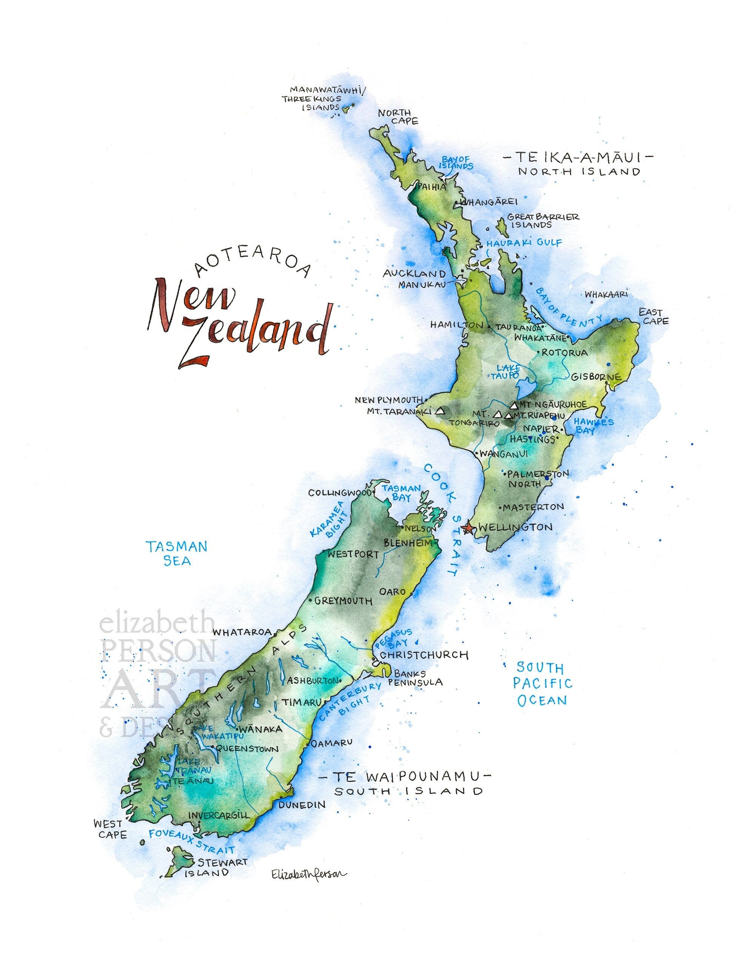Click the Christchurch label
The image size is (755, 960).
pos(424,654)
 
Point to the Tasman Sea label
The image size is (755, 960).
pos(177,553)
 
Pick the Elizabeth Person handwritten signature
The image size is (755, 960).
pos(309,874)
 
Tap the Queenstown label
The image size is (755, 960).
pos(247,748)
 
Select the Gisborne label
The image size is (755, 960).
pos(596,377)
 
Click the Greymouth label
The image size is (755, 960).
pos(343,601)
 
